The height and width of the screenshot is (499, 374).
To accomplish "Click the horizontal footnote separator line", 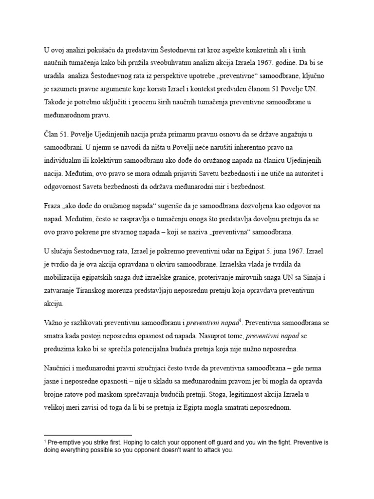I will [x=88, y=435].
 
